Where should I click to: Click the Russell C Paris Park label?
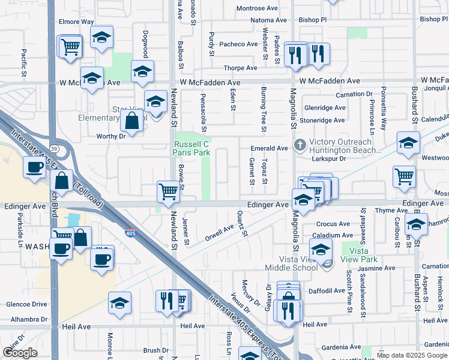[191, 148]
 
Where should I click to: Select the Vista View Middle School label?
[289, 263]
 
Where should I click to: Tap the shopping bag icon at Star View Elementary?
[131, 122]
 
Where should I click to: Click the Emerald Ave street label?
[270, 148]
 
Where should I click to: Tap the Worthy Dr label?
[110, 137]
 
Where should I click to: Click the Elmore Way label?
[76, 22]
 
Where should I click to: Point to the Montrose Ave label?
[257, 8]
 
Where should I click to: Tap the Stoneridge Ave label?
[324, 120]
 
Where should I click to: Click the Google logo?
[20, 353]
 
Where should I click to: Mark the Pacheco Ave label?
[238, 44]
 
